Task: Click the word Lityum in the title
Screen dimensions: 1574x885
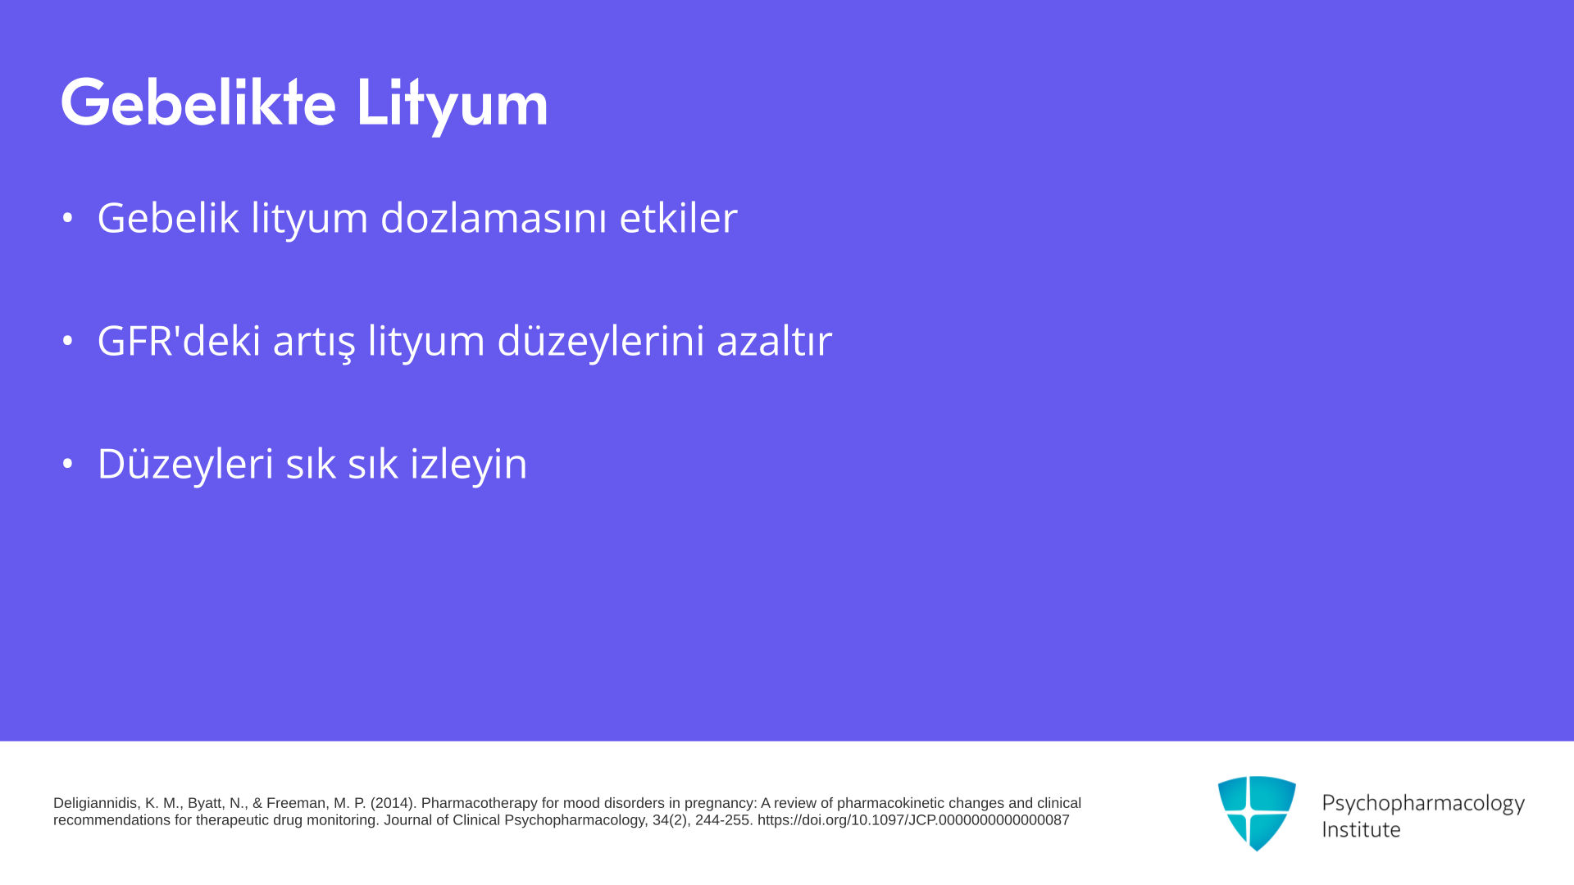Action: point(452,105)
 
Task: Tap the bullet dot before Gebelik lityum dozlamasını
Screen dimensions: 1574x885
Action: point(67,218)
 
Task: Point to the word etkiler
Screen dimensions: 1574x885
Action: point(679,218)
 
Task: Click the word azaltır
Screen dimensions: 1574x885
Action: point(775,340)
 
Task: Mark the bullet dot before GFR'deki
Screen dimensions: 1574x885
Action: point(67,341)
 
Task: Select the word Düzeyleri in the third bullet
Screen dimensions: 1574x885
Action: point(185,464)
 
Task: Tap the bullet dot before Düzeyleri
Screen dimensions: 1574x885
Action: point(67,464)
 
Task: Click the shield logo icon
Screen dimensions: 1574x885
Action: point(1257,813)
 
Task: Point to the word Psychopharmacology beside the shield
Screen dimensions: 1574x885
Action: point(1423,804)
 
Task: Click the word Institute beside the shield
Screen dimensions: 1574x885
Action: point(1361,829)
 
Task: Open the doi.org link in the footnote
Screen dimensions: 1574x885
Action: point(913,820)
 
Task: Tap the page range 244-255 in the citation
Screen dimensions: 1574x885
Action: point(724,820)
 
